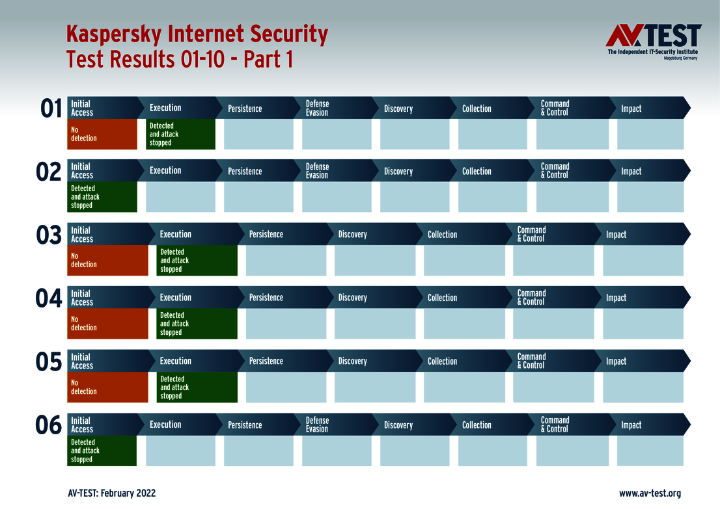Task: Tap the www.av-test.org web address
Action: (x=650, y=493)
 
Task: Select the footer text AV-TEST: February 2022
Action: (x=111, y=493)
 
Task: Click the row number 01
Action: (x=51, y=109)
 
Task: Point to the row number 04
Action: (x=49, y=298)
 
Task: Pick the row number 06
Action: (x=49, y=426)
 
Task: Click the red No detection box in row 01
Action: (x=102, y=134)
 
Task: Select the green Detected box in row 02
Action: (x=102, y=197)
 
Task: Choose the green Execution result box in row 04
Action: (x=197, y=324)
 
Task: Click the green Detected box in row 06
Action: (x=102, y=450)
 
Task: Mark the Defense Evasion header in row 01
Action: (x=318, y=108)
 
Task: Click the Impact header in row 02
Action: (x=631, y=171)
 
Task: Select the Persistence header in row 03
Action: (x=266, y=234)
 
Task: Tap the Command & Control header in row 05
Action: (x=532, y=361)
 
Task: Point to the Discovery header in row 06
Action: (x=398, y=425)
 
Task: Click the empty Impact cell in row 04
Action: (x=643, y=324)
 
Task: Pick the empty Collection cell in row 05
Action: (x=464, y=387)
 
